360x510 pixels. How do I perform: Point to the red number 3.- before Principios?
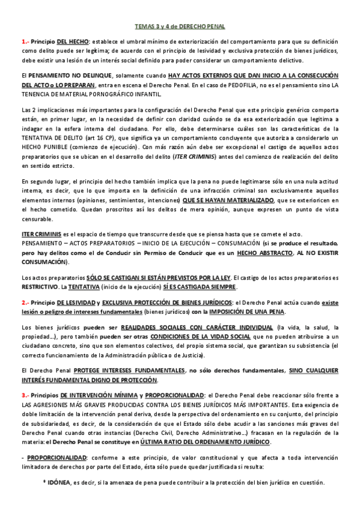point(25,395)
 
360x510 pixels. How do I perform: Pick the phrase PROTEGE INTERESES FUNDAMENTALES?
point(124,370)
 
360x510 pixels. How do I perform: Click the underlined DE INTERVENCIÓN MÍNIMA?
point(97,395)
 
